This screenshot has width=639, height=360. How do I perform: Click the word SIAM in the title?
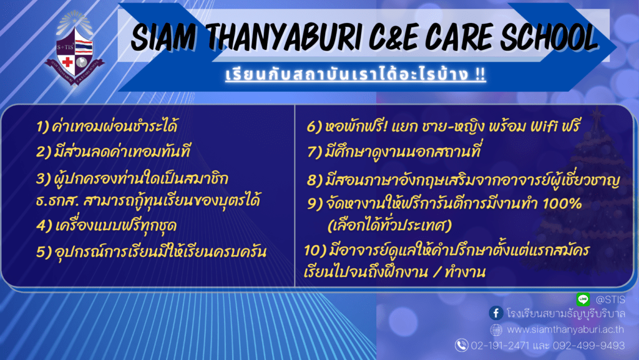coord(163,37)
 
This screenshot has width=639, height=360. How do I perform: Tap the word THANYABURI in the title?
coord(284,37)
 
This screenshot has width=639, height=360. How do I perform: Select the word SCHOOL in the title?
coord(549,37)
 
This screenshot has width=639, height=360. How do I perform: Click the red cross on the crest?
coord(67,62)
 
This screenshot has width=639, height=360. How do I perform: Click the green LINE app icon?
coord(583,299)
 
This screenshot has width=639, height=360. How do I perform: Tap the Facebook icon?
coord(496,313)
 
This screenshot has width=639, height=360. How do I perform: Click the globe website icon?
coord(496,329)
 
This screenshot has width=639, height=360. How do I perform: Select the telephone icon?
coord(461,346)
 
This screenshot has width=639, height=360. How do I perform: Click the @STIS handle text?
coord(610,299)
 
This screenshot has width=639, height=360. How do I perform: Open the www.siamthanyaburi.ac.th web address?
coord(565,329)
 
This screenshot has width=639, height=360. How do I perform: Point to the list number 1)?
coord(42,127)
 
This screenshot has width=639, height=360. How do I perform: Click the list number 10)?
coord(315,250)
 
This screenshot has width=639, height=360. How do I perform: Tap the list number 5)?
coord(44,252)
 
